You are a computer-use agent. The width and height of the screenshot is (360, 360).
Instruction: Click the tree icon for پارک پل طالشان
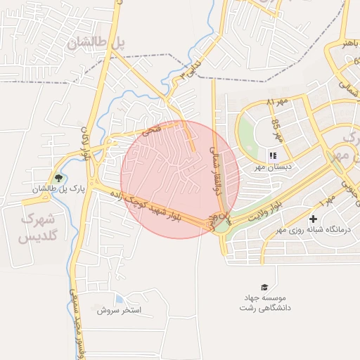[x=58, y=179]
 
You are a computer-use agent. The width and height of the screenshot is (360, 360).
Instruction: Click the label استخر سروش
[x=120, y=309]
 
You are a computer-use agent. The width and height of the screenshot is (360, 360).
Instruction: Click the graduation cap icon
[x=264, y=287]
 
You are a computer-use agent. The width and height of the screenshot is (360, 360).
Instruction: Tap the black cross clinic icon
[x=313, y=219]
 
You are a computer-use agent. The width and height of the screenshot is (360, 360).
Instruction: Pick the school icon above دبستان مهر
[x=273, y=155]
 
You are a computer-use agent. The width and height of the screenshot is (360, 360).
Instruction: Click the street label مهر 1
[x=328, y=203]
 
